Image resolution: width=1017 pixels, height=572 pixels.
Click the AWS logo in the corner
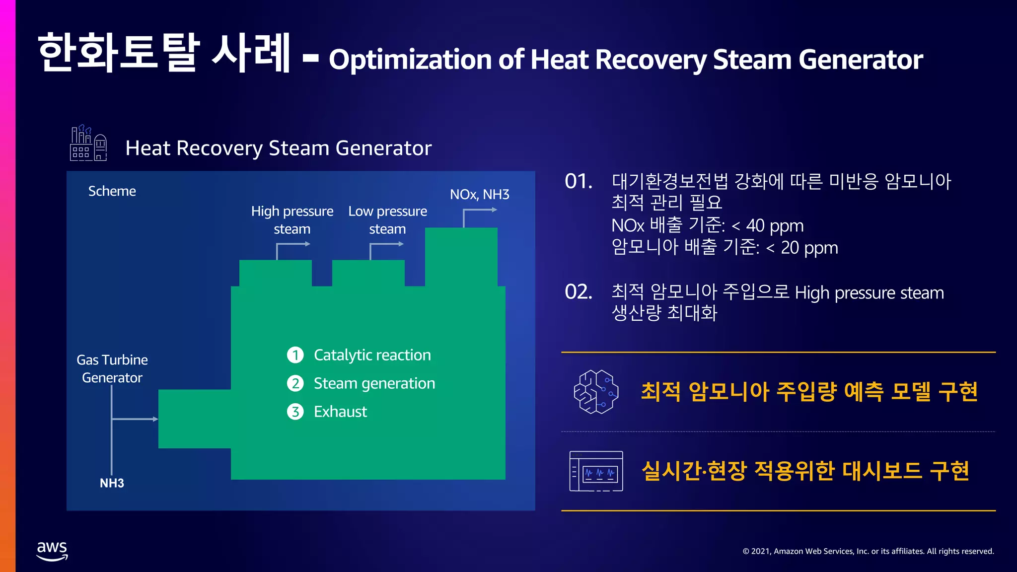click(x=52, y=551)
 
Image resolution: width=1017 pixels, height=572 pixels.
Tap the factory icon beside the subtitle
click(x=88, y=143)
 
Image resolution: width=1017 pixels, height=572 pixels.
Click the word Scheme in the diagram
click(x=112, y=191)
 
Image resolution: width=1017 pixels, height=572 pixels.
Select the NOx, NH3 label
click(x=479, y=194)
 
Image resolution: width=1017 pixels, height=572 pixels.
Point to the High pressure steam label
click(x=292, y=220)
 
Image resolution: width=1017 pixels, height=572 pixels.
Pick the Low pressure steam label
click(x=387, y=220)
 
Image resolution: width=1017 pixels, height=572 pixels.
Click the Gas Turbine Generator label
click(x=112, y=368)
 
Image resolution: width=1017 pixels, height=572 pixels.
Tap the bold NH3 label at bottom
click(x=112, y=483)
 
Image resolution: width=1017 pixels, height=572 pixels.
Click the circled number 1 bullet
click(x=295, y=355)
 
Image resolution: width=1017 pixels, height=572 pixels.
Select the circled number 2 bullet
click(x=295, y=383)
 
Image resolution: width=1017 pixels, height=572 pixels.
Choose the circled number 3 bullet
click(x=295, y=412)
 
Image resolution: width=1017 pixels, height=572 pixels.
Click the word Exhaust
click(x=340, y=412)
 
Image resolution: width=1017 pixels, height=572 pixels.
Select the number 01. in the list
click(x=579, y=182)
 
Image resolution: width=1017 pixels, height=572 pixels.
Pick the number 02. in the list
click(x=579, y=292)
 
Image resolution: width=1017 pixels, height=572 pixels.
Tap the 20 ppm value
click(x=809, y=248)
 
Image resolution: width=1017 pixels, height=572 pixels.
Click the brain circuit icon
click(x=596, y=392)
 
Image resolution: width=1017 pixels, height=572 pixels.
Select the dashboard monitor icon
click(x=596, y=471)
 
